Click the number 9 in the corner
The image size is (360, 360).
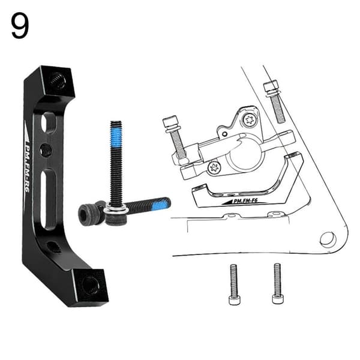tap(20, 26)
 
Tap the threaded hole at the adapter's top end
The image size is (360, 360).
tap(57, 80)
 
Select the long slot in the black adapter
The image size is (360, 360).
tap(49, 199)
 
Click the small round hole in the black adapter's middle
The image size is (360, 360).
tap(46, 150)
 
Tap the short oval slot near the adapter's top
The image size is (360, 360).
tap(49, 124)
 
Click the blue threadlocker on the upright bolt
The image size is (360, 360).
tap(116, 136)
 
